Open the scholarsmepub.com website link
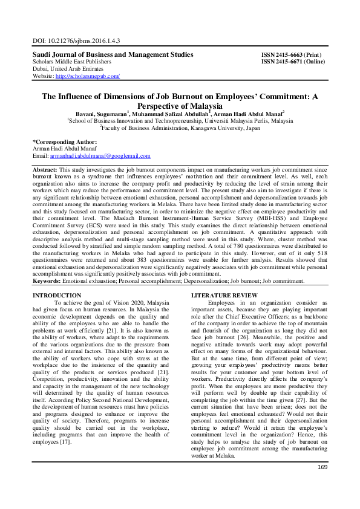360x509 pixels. tap(87, 76)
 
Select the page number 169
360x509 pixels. tap(322, 484)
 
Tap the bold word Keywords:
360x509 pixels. tap(47, 281)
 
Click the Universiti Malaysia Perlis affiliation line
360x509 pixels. tap(182, 120)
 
